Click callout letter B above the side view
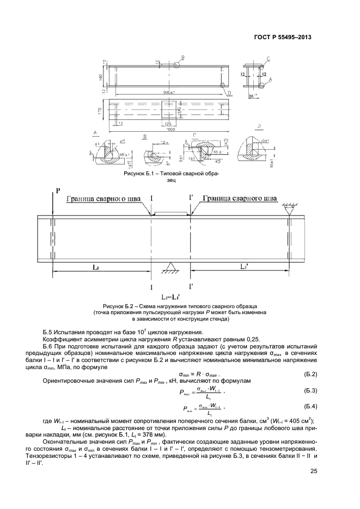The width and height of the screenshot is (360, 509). point(183,57)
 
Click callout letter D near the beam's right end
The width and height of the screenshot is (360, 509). point(229,93)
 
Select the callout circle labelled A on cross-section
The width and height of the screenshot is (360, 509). point(261,84)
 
